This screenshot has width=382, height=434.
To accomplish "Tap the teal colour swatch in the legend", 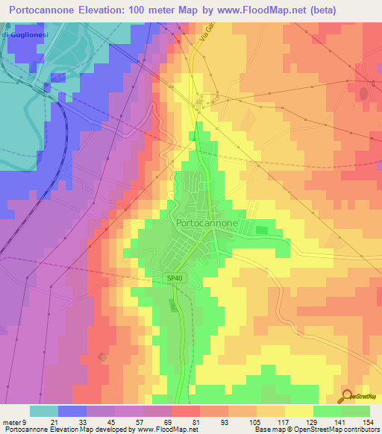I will tap(43, 411).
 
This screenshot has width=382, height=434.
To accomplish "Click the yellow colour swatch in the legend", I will tap(298, 411).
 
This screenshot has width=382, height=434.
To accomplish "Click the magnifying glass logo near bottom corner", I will tap(347, 396).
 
